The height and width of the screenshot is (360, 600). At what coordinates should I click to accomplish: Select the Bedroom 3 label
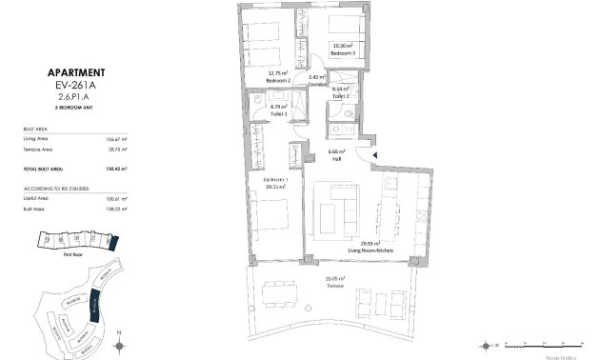tap(343, 54)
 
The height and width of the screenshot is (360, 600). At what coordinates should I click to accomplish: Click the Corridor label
tap(317, 83)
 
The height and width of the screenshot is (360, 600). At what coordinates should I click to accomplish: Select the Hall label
tap(335, 159)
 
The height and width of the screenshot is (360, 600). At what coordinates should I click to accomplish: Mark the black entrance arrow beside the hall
tap(374, 156)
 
